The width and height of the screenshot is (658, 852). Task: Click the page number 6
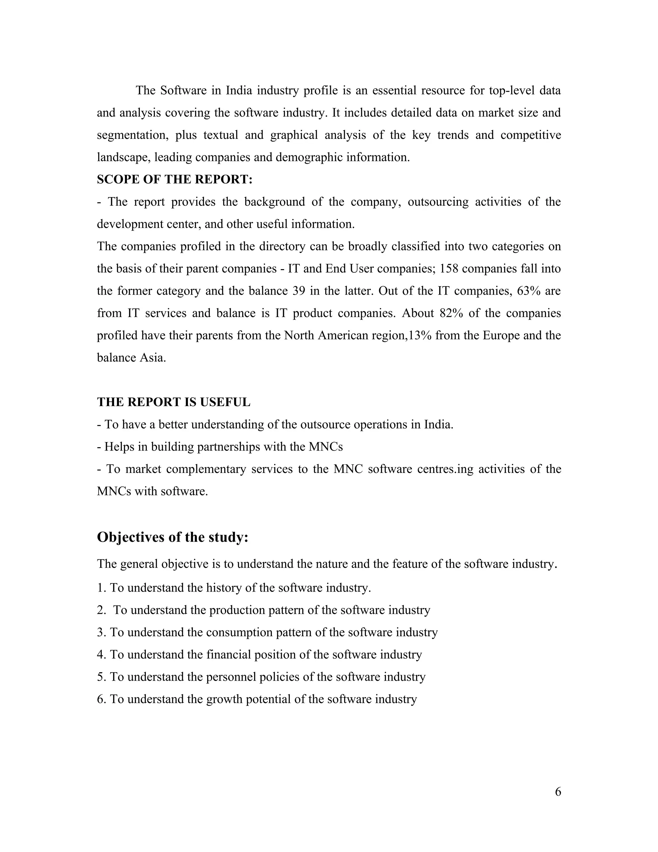[558, 792]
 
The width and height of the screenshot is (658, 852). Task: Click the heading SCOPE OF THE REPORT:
[175, 179]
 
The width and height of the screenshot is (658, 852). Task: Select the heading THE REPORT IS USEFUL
[173, 402]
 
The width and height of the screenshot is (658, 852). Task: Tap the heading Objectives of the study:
[172, 537]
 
